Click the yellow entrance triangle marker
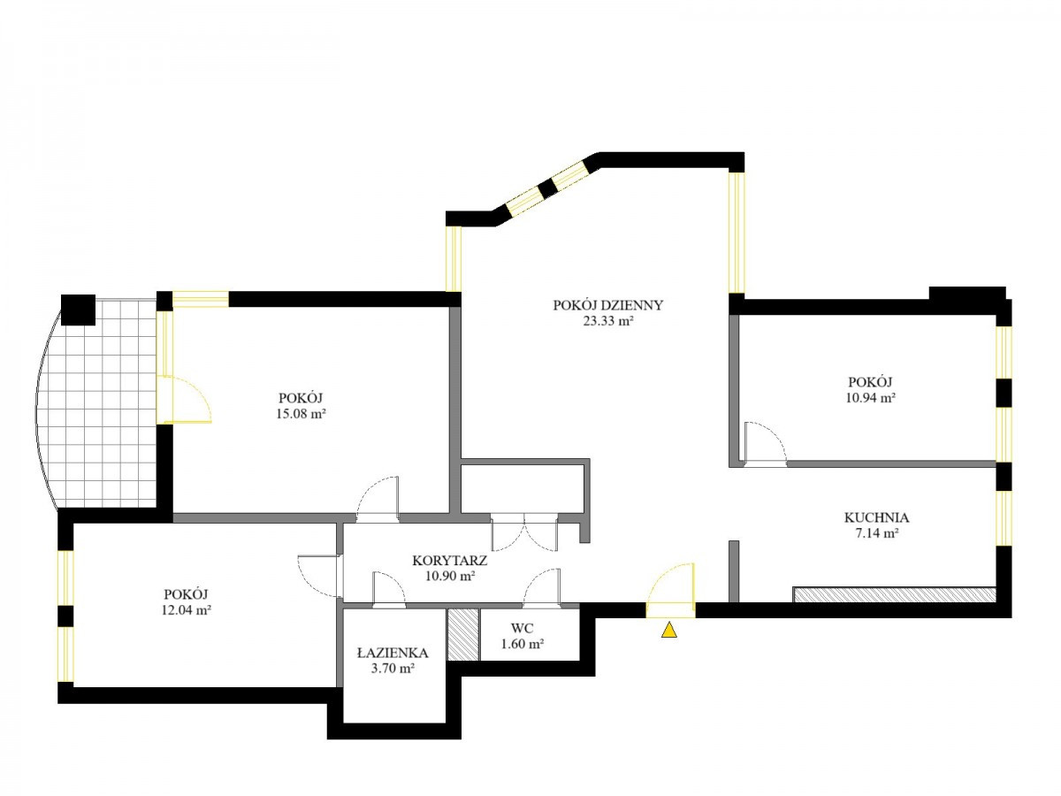tap(669, 631)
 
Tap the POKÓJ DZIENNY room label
tap(607, 305)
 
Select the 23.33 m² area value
tap(608, 321)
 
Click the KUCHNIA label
tap(876, 517)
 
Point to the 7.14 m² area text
tap(876, 533)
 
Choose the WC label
tap(522, 628)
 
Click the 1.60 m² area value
tap(523, 644)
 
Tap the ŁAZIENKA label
tap(393, 654)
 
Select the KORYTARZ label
tap(449, 561)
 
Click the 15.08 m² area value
tap(301, 414)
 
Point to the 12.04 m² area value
tap(186, 610)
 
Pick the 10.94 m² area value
tap(870, 398)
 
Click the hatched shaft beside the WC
tap(463, 634)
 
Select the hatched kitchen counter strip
tap(894, 594)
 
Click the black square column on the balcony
tap(79, 310)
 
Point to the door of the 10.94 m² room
tap(767, 442)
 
